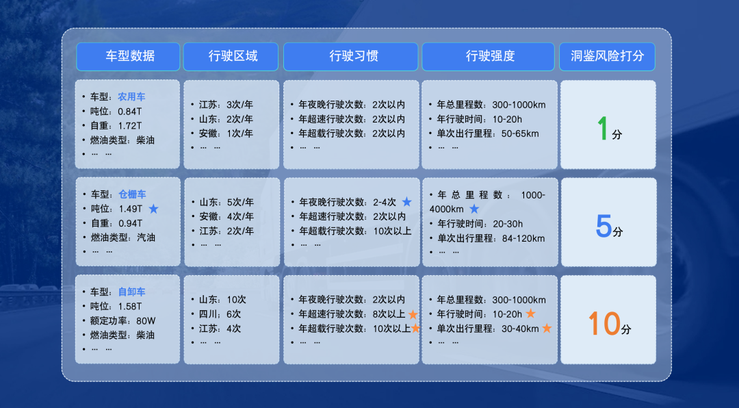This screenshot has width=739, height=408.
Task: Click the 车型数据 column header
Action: [128, 57]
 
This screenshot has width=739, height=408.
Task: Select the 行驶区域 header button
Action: [231, 57]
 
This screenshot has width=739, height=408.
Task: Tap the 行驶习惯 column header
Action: [350, 57]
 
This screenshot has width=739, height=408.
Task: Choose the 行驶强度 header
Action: [489, 57]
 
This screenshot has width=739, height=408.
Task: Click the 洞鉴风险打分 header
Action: [608, 57]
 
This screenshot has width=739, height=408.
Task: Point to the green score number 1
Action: [603, 128]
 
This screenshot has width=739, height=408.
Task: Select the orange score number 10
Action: [604, 323]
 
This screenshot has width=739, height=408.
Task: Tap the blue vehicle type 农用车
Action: [131, 97]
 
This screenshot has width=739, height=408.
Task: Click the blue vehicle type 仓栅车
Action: [131, 194]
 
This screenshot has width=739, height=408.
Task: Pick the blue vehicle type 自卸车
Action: [131, 292]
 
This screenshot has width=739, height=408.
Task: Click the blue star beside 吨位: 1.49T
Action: [153, 209]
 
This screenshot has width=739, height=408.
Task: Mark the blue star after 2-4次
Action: [406, 202]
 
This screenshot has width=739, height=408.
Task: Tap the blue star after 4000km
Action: [474, 209]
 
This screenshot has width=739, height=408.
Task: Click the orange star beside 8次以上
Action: [413, 314]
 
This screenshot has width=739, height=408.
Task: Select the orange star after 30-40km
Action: [547, 329]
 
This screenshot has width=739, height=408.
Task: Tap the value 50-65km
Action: [520, 133]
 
